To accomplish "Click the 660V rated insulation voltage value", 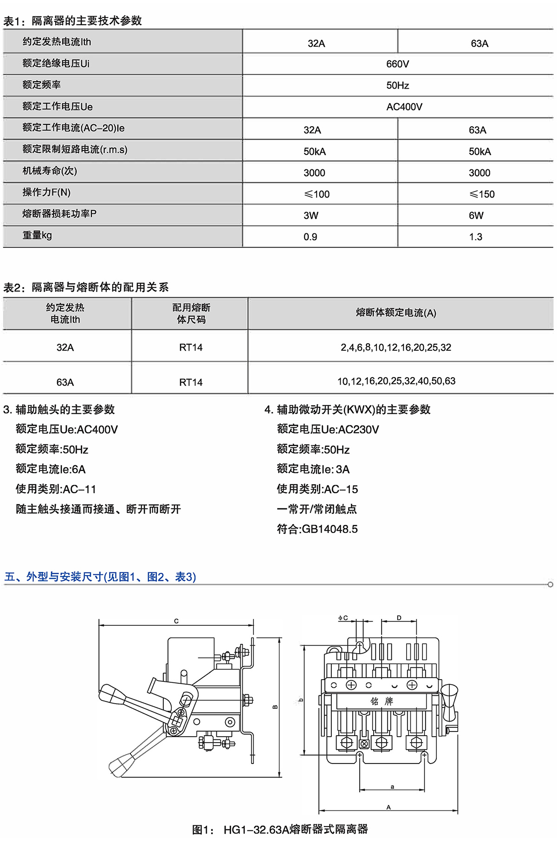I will point(397,64).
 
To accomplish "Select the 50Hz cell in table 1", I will point(397,85).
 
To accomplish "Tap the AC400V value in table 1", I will point(404,107).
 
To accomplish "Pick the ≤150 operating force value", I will point(482,194).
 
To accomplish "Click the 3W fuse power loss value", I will point(311,216).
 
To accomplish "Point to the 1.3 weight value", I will point(475,237).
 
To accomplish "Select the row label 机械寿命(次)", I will point(50,171).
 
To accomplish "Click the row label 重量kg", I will point(37,235).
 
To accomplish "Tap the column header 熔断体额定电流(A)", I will point(396,313).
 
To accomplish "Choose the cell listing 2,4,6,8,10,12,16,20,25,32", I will point(395,347).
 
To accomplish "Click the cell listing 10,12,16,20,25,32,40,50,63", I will point(396,381).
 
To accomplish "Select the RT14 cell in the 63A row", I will point(191,382).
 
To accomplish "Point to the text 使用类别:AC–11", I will point(56,489).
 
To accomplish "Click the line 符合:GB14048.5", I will point(317,529).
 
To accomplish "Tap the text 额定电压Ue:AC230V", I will point(328,430).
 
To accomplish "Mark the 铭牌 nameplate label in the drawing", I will point(382,701).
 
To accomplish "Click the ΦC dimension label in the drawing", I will point(343,618).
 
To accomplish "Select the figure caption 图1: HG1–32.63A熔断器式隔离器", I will point(280,829).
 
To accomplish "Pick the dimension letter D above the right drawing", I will point(399,618).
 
